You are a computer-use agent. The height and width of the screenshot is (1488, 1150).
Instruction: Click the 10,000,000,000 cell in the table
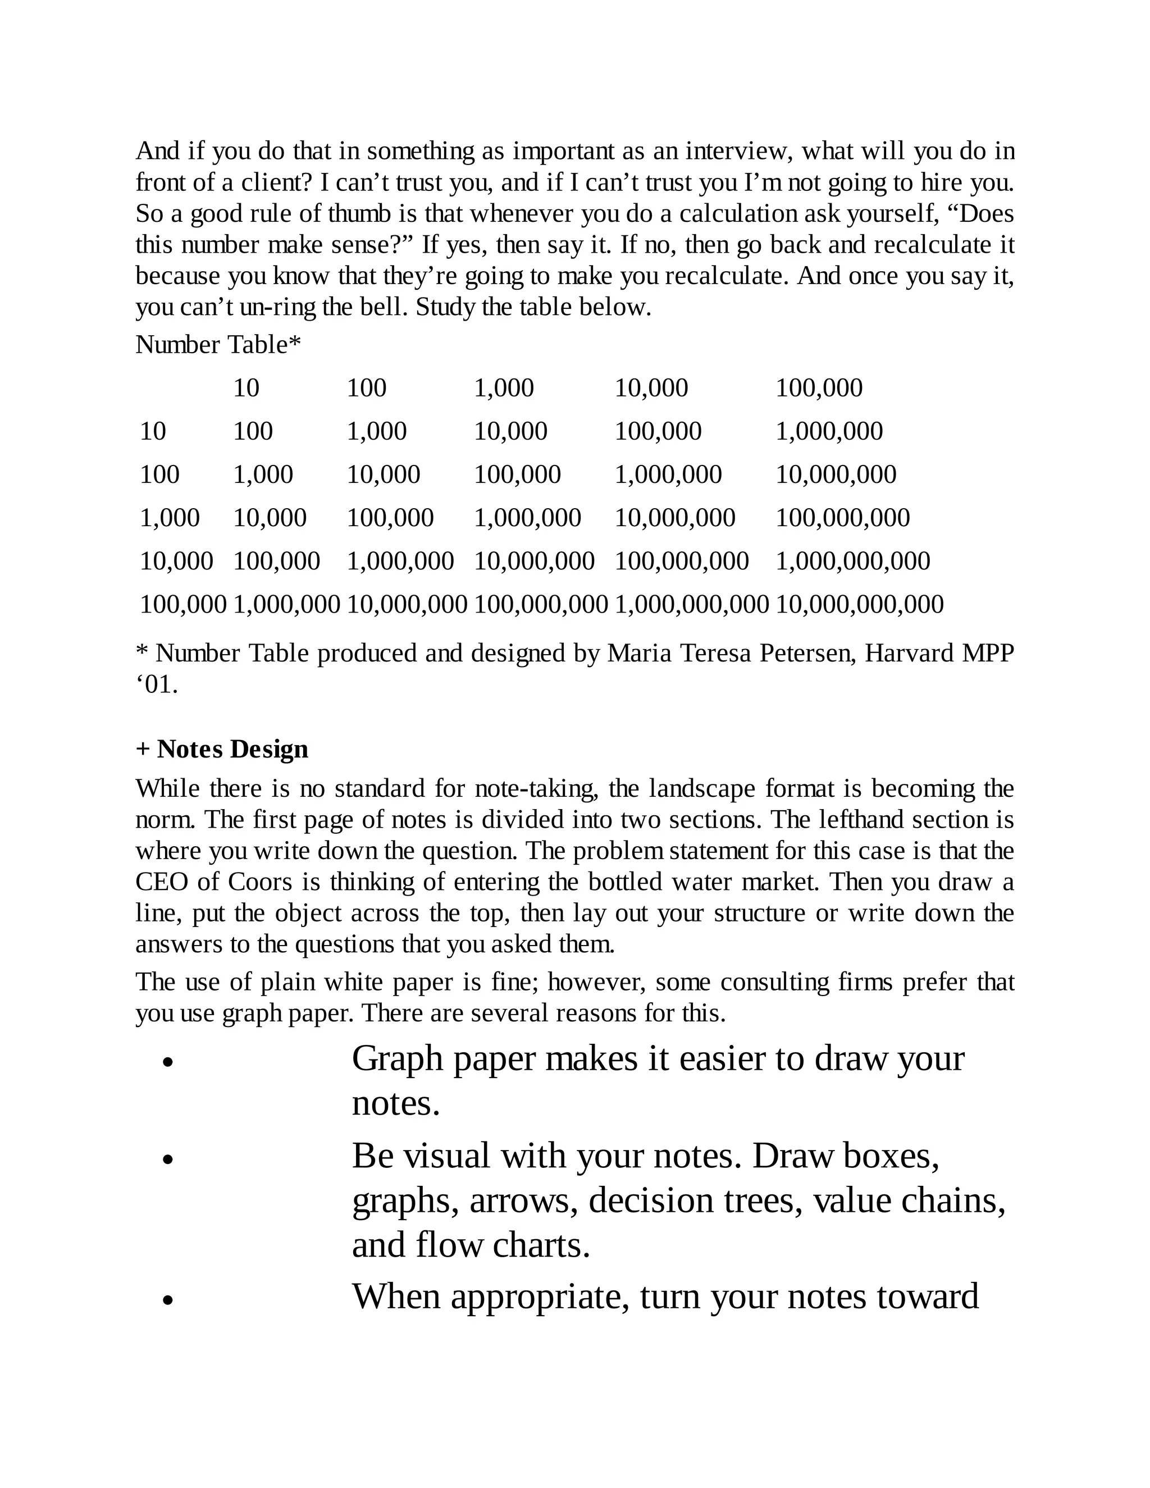[859, 604]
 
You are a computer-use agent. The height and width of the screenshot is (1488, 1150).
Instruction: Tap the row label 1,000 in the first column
[170, 518]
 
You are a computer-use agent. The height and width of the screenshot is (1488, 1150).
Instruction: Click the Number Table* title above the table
[218, 345]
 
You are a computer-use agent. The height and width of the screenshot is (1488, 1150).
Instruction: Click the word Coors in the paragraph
[259, 882]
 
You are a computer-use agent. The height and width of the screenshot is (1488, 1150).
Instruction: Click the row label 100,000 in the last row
[182, 604]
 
